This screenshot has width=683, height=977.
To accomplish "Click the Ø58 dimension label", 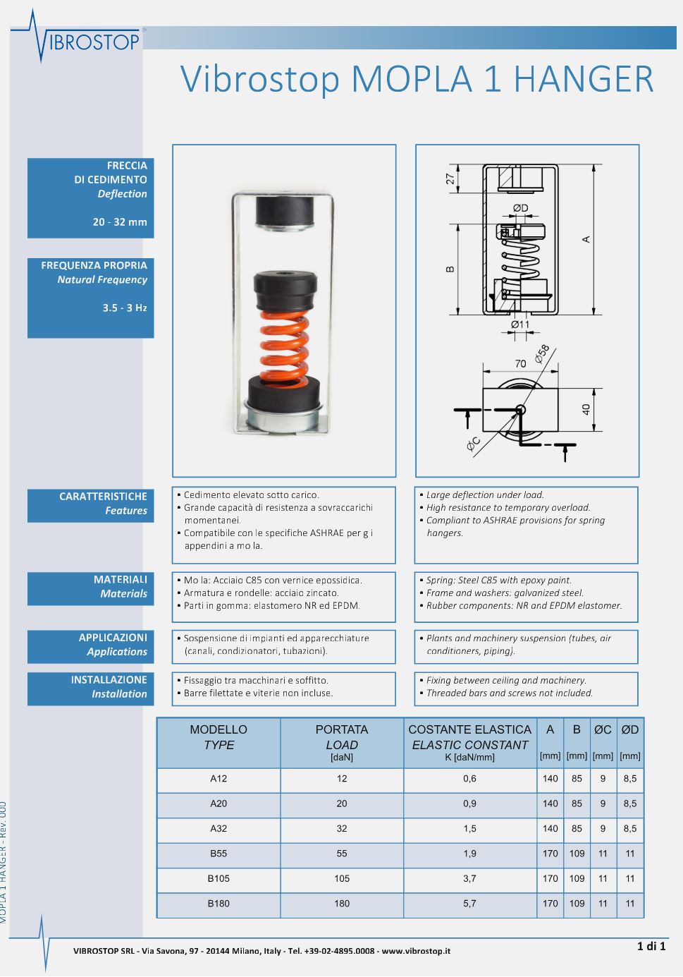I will coord(541,354).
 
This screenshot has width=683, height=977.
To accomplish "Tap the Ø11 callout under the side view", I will coord(519,324).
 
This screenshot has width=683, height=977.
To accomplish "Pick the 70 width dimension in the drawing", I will coord(520,364).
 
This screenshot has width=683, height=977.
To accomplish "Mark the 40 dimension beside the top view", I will coord(586,409).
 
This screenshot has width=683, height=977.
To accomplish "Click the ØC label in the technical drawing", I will coord(474,444).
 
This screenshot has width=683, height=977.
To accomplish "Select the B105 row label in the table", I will coord(219,878).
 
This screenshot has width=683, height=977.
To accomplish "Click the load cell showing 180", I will coord(342,903).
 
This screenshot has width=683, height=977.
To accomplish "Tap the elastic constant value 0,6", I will coord(469,779).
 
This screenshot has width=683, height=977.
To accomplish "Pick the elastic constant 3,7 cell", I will coord(469,878).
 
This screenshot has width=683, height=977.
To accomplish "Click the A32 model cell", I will coord(219,829).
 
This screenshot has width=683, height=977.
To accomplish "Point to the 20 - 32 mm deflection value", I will coord(120,222).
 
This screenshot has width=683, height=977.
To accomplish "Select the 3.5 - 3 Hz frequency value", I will coord(125,308).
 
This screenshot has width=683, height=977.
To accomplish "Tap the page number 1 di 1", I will coord(651,946).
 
